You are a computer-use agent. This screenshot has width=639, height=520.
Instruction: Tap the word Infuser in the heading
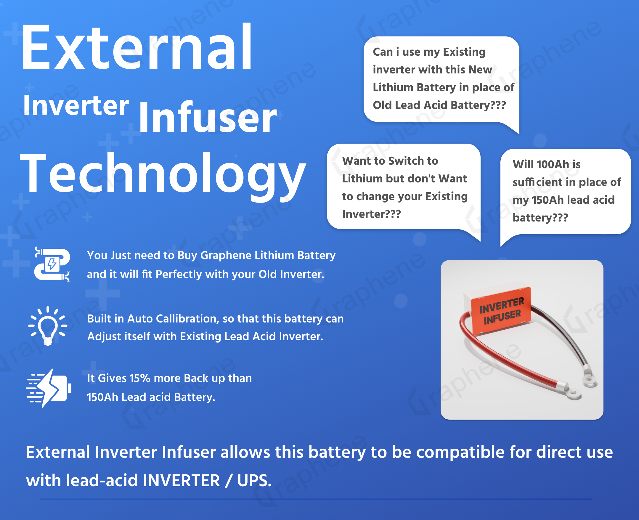coord(208,117)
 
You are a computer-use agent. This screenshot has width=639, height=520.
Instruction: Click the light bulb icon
coord(48,326)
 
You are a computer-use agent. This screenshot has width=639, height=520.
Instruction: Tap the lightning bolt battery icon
coord(49,388)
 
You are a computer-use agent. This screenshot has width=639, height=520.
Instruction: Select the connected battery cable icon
coord(52,264)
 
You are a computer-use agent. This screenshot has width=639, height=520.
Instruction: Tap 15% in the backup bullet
coord(139,378)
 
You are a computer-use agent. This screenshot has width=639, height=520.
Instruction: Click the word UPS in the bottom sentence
coord(254,480)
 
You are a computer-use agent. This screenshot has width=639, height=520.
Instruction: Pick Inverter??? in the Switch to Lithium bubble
coord(371,214)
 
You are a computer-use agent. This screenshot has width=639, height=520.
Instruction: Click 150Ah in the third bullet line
coord(102,397)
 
